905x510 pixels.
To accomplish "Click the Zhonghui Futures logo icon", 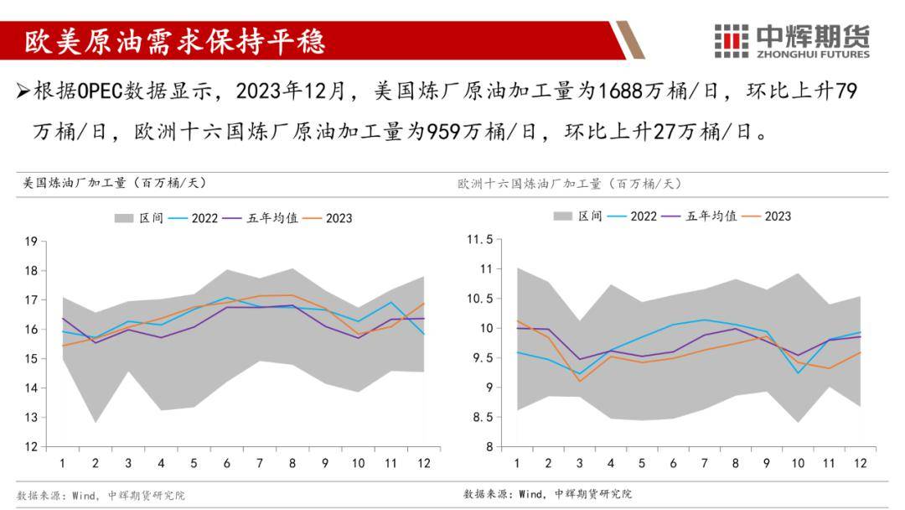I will [731, 40].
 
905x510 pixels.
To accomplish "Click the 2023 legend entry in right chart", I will [778, 216].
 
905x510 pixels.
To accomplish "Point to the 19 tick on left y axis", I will [31, 242].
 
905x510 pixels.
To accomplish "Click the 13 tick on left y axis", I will [31, 418].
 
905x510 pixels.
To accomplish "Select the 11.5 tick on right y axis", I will [480, 240].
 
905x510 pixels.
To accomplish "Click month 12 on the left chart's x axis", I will [423, 463].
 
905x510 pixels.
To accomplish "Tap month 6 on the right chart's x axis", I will [672, 463].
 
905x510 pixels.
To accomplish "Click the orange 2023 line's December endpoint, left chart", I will [423, 303].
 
